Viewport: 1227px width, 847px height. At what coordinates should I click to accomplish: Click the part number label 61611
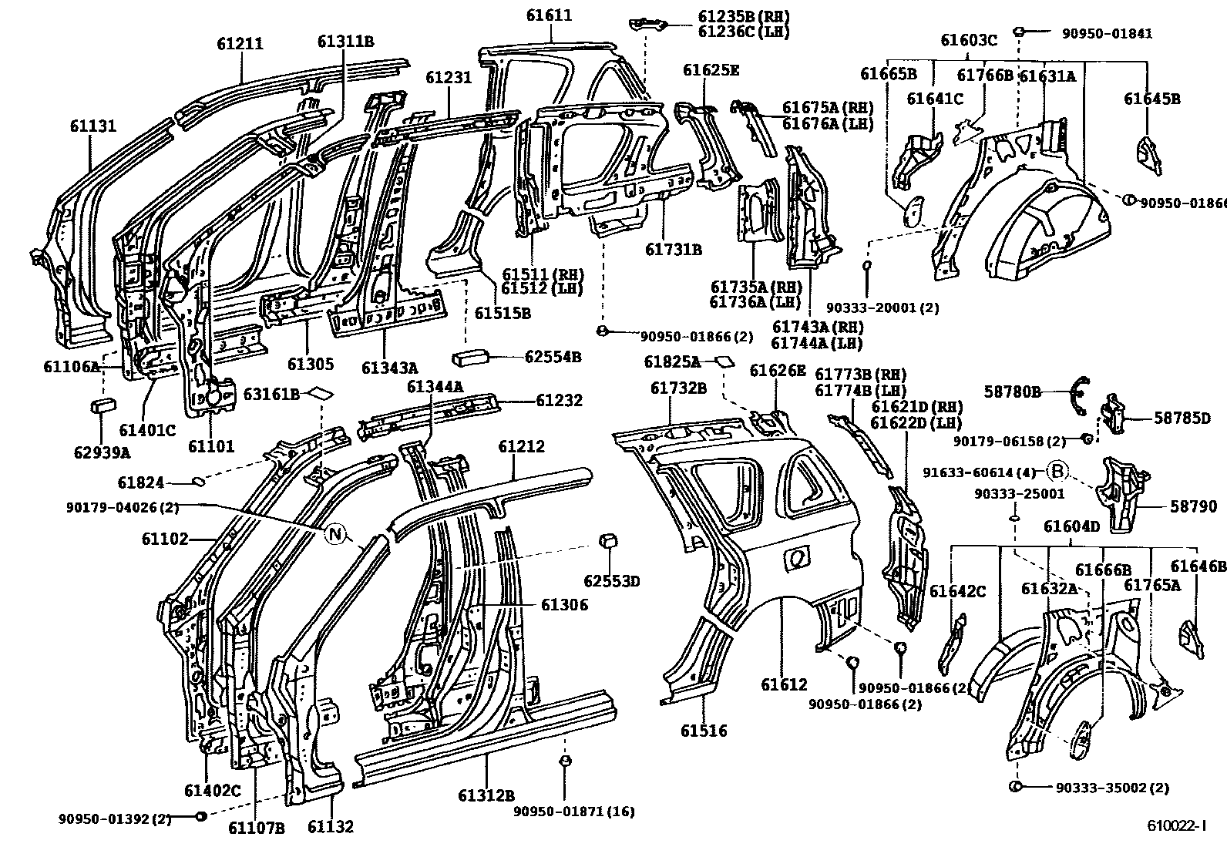pyautogui.click(x=550, y=15)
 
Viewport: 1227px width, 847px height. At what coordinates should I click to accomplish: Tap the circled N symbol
pyautogui.click(x=335, y=533)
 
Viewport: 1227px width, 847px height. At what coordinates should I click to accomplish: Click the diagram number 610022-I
pyautogui.click(x=1175, y=825)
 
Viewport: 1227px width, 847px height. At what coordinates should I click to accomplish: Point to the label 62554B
pyautogui.click(x=553, y=357)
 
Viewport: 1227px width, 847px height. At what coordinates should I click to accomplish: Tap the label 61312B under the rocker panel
pyautogui.click(x=486, y=795)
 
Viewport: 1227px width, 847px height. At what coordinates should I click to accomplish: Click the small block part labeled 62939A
pyautogui.click(x=103, y=405)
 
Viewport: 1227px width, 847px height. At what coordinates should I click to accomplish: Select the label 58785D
pyautogui.click(x=1182, y=418)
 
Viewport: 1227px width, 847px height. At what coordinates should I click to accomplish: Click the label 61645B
pyautogui.click(x=1151, y=99)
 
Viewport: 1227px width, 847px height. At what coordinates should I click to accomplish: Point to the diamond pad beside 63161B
pyautogui.click(x=320, y=393)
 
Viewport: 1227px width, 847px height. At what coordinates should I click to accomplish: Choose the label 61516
pyautogui.click(x=704, y=730)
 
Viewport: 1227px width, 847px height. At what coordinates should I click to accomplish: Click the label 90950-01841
pyautogui.click(x=1107, y=32)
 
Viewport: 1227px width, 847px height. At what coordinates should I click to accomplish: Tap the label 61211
pyautogui.click(x=240, y=44)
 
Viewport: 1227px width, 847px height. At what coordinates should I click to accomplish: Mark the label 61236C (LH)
pyautogui.click(x=744, y=32)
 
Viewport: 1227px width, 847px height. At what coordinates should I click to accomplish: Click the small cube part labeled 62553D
pyautogui.click(x=607, y=541)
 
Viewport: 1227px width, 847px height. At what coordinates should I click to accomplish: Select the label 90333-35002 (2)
pyautogui.click(x=1112, y=787)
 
